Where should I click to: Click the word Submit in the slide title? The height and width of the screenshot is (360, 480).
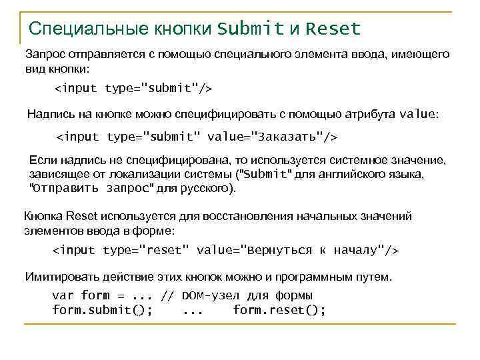pos(251,29)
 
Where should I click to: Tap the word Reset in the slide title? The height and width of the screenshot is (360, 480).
pos(334,29)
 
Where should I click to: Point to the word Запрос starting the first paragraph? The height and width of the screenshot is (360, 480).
pos(43,54)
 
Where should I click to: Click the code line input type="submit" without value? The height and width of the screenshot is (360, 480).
pos(133,87)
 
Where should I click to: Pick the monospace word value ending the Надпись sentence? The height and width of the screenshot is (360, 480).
pos(417,113)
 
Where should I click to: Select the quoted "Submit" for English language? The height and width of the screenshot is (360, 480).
pos(265,175)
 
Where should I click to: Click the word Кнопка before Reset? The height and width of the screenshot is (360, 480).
pos(43,217)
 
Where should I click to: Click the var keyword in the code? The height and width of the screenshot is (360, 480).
pos(63,295)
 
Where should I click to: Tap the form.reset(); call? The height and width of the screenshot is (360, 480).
pos(279,310)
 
